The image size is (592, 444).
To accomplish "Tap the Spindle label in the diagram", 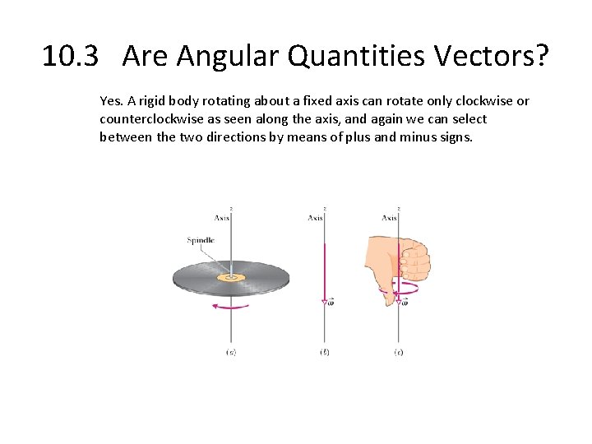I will [201, 240].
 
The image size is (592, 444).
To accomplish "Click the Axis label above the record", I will [222, 218].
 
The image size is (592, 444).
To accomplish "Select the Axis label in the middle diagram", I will [315, 218].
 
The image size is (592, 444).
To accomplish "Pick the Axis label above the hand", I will [389, 218].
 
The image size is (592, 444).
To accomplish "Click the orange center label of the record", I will [231, 278].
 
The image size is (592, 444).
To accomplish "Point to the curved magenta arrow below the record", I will [230, 306].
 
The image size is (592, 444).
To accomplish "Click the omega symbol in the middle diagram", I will [331, 303].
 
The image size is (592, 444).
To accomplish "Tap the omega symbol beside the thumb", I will [405, 303].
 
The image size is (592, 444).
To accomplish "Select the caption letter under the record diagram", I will [231, 352].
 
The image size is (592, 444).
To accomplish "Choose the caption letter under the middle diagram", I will [325, 352].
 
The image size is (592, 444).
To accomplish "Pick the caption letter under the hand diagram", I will [399, 352].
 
